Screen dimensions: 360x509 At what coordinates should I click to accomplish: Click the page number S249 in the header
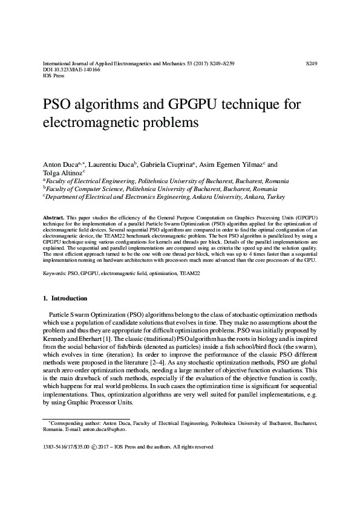(x=313, y=63)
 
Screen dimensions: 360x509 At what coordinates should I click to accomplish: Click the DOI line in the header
(x=63, y=70)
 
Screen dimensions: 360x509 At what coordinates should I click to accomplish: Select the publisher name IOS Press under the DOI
(x=52, y=76)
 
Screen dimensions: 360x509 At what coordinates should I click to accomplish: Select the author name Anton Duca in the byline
(x=59, y=164)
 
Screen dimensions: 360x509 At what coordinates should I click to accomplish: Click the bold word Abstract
(x=53, y=216)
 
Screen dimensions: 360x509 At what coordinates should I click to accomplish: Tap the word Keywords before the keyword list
(x=54, y=273)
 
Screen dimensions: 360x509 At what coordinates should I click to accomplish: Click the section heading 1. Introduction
(x=65, y=298)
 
